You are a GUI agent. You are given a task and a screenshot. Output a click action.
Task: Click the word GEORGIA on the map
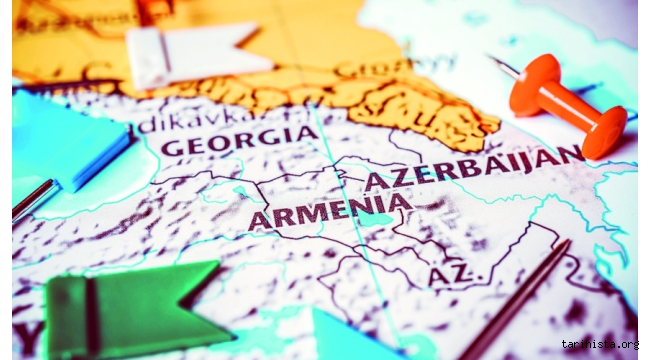(x=239, y=141)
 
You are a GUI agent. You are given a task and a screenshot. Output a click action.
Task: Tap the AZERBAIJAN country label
(x=473, y=168)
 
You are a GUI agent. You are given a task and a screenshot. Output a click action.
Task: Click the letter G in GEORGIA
(x=173, y=147)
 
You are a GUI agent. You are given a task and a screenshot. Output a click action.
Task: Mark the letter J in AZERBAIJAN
(x=544, y=158)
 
